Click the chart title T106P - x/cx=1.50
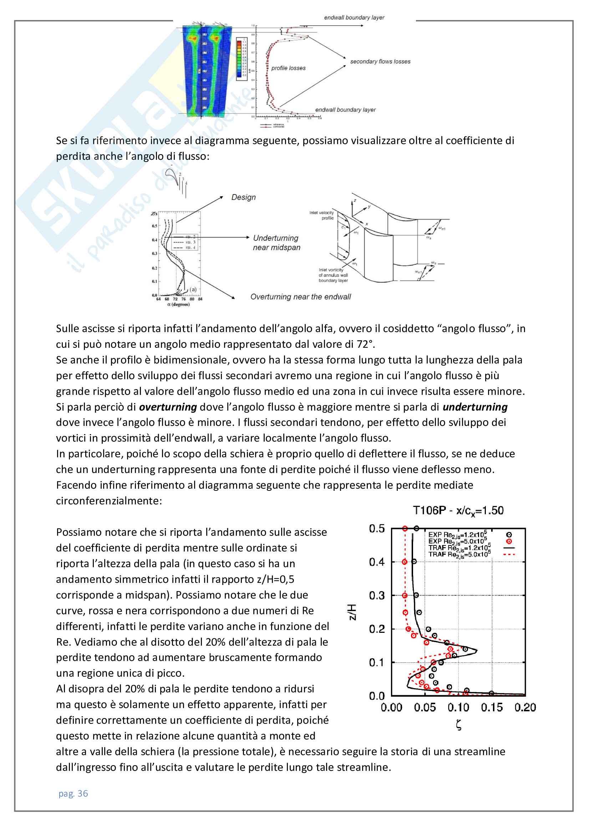coord(458,510)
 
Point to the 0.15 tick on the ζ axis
coord(492,707)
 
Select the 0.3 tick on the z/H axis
coord(376,595)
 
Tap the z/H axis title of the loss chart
coord(352,612)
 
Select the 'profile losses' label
coord(288,68)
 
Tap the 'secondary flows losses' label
coord(380,62)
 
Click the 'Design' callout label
coord(243,197)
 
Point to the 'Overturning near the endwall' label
coord(300,297)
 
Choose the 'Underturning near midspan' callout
coord(276,243)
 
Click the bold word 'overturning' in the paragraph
coord(168,407)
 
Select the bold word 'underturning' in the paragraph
coord(475,407)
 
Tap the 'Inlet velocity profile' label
coord(321,215)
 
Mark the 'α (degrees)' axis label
coord(178,304)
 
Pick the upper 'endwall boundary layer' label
coord(354,17)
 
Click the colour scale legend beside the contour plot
coord(241,59)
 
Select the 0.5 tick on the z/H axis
coord(376,529)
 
